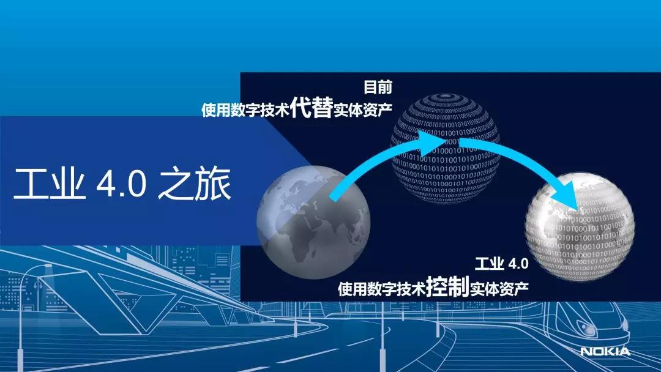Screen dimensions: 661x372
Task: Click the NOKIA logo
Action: click(x=605, y=351)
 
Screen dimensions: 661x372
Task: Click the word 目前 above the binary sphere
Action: click(x=378, y=87)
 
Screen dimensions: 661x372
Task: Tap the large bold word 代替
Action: click(x=312, y=107)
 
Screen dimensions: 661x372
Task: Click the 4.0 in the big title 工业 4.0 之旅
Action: click(x=122, y=184)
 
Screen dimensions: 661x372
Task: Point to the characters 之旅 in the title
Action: click(x=195, y=184)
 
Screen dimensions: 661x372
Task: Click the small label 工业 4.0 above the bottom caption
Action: click(x=502, y=264)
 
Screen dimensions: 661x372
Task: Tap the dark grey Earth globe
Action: click(x=313, y=222)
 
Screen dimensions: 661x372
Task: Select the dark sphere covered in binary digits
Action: click(x=445, y=148)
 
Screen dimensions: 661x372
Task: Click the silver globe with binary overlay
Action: click(x=580, y=226)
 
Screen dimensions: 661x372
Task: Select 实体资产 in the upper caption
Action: click(x=363, y=110)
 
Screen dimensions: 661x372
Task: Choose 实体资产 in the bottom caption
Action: click(x=499, y=289)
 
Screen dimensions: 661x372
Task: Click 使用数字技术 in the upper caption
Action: click(x=245, y=110)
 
